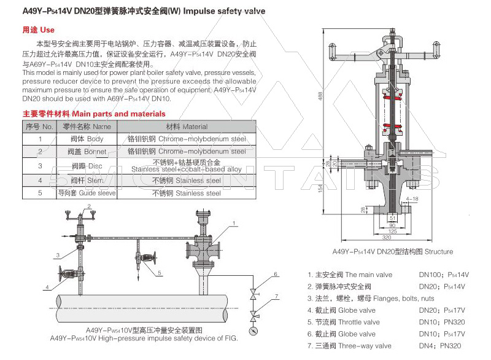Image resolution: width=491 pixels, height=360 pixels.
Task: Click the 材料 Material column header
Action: coord(187,127)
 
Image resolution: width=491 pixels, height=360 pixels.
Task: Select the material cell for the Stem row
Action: coord(187,181)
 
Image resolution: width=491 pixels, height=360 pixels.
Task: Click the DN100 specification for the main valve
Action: coord(431,275)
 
